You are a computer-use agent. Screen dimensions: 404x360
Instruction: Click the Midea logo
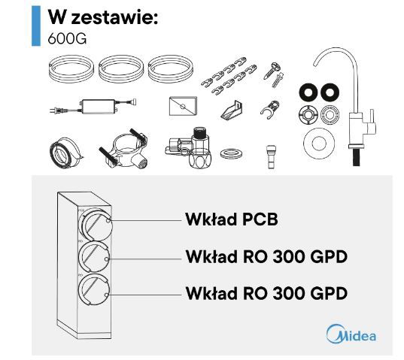point(351,334)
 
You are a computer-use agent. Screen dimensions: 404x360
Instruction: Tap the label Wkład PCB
point(232,219)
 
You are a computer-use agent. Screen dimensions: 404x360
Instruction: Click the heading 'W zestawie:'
point(103,17)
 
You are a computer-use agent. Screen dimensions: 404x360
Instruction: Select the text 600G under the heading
point(67,39)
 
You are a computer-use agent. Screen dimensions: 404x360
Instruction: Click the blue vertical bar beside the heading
point(36,26)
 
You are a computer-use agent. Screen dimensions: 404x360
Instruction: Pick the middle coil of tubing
point(121,69)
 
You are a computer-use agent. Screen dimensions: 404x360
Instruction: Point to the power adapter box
point(98,106)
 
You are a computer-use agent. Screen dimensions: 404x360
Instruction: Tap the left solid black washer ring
point(308,92)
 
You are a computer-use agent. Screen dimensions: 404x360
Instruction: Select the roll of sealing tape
point(65,153)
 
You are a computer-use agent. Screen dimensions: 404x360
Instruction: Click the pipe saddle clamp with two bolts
point(123,148)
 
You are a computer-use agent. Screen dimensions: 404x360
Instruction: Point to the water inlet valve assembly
point(189,148)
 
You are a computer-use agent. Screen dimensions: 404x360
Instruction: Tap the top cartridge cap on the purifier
point(96,224)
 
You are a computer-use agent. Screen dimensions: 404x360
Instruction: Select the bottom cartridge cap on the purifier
point(95,289)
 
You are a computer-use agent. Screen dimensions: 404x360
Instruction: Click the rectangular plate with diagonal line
point(183,106)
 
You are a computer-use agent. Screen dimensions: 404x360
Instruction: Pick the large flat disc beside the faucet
point(319,144)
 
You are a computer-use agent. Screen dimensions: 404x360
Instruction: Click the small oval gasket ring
point(232,154)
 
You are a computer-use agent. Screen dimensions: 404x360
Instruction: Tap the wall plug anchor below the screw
point(278,80)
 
